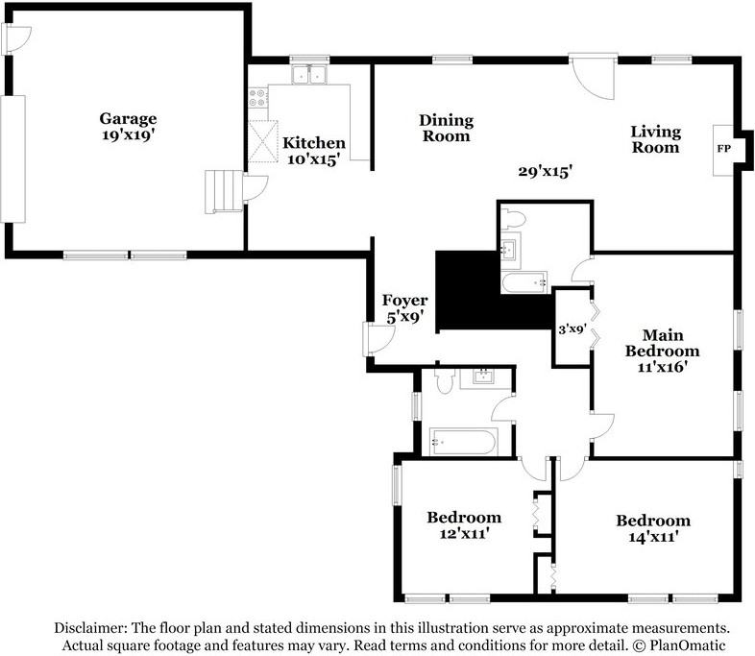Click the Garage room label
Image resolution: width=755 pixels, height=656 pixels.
point(128,127)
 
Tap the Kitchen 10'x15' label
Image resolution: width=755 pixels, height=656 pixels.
point(313,152)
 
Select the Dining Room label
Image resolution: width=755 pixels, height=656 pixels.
point(446,128)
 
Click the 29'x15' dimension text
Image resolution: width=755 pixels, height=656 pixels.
point(545,172)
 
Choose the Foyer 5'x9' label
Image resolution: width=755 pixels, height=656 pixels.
point(404,306)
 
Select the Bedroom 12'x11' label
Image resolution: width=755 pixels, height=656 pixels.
point(464,524)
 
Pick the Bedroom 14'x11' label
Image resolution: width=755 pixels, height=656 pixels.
point(653,528)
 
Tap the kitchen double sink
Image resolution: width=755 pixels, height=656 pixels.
point(311,75)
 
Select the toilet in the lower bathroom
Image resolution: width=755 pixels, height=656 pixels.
point(443,382)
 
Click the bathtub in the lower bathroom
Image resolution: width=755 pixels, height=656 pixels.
point(462,442)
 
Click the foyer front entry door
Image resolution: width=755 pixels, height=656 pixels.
point(377,337)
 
